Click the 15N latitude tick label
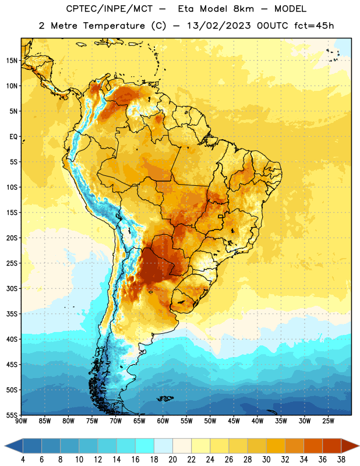coord(12,61)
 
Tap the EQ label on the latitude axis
coord(13,137)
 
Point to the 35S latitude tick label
coord(12,314)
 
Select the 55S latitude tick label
coord(12,415)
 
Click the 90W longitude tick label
coord(21,421)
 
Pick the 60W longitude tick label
coord(163,421)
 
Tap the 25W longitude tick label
coord(328,421)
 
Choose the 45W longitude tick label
coord(234,421)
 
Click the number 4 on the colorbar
coord(23,460)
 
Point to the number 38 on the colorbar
coord(341,460)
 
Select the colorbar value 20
coord(172,460)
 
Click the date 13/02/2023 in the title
coord(219,26)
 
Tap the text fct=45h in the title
coord(314,26)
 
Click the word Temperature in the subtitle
coord(114,26)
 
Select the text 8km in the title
coord(243,9)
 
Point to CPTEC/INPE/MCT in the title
coord(110,9)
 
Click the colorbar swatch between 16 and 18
coord(145,446)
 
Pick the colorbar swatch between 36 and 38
coord(332,446)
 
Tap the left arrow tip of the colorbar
coord(5,446)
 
